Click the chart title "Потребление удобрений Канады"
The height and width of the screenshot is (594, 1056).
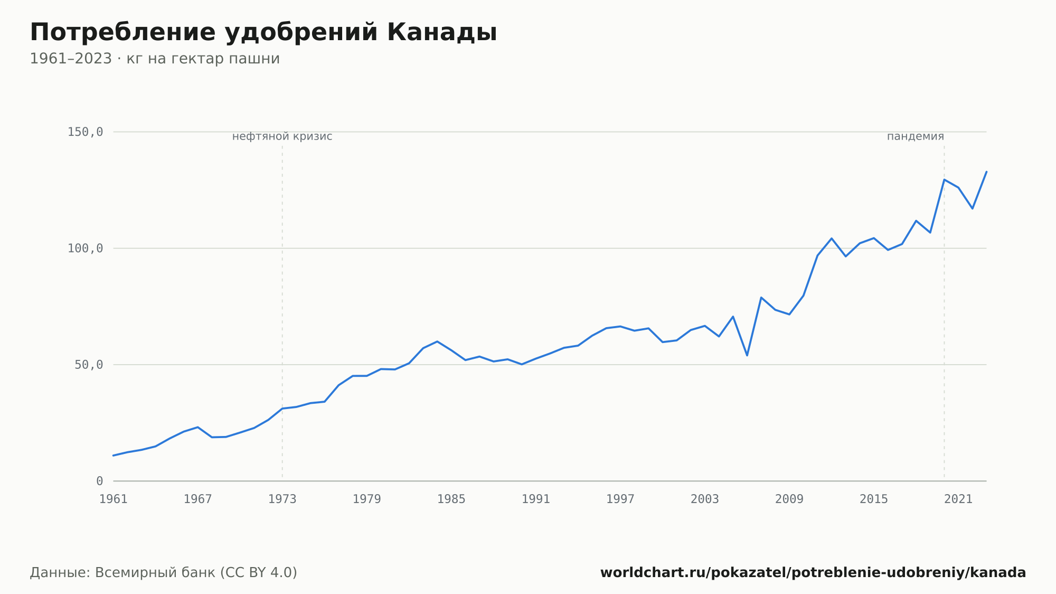click(263, 33)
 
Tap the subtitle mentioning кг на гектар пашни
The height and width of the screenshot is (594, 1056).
click(155, 59)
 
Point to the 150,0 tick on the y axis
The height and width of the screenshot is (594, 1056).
click(85, 132)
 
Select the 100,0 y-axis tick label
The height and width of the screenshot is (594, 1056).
click(85, 248)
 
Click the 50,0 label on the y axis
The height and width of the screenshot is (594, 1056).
click(89, 365)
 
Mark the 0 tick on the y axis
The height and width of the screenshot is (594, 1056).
click(100, 481)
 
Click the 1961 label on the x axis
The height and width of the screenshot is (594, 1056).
click(114, 499)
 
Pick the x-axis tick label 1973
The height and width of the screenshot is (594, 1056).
click(282, 499)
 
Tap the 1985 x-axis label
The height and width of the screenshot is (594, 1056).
click(451, 499)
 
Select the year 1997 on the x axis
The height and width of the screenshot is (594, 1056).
click(620, 499)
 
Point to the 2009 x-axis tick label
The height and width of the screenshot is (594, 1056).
click(789, 499)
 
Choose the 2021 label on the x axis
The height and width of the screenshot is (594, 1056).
click(958, 499)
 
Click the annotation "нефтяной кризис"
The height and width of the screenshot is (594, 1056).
click(282, 136)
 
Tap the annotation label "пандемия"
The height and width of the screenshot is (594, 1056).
click(916, 136)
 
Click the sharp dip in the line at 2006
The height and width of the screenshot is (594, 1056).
click(747, 355)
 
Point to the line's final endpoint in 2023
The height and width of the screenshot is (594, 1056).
click(986, 172)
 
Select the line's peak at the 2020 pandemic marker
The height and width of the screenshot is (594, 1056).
click(944, 180)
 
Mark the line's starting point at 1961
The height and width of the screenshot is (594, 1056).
click(114, 456)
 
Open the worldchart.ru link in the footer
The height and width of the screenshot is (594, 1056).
click(813, 573)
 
